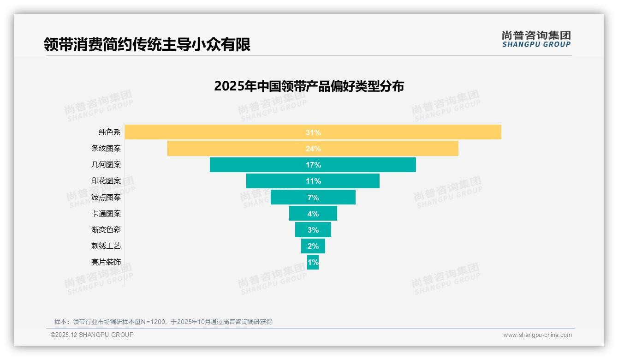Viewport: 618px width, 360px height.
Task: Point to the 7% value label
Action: pyautogui.click(x=313, y=198)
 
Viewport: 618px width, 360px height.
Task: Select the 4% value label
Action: pyautogui.click(x=313, y=214)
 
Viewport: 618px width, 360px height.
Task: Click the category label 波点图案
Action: pyautogui.click(x=106, y=198)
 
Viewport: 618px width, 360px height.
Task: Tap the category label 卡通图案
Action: pyautogui.click(x=106, y=214)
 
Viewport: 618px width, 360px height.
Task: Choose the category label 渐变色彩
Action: pyautogui.click(x=106, y=230)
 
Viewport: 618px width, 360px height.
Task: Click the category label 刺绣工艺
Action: pyautogui.click(x=106, y=246)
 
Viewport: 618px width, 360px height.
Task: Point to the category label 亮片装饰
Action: pyautogui.click(x=106, y=262)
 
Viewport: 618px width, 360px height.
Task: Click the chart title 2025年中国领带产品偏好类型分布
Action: pyautogui.click(x=309, y=86)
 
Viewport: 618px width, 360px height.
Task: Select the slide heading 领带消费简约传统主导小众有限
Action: pyautogui.click(x=147, y=44)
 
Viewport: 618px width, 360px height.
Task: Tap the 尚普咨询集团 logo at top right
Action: pyautogui.click(x=536, y=39)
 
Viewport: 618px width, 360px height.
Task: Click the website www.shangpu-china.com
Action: pyautogui.click(x=537, y=335)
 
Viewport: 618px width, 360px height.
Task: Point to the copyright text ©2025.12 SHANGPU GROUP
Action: pyautogui.click(x=92, y=335)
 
